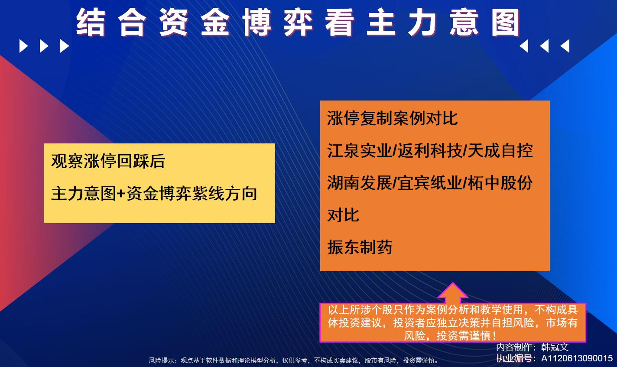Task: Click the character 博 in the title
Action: click(257, 23)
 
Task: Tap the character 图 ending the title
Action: click(506, 23)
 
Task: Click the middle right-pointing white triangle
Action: click(44, 46)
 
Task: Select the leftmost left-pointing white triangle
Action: click(524, 46)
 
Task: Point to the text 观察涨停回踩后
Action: click(108, 161)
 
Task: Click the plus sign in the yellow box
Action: click(120, 194)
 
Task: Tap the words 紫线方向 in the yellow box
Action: click(224, 193)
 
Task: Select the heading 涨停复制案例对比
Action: click(392, 118)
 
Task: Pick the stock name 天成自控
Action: click(500, 150)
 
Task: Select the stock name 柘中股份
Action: click(500, 183)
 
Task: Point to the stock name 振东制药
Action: click(360, 247)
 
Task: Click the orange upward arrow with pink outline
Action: click(453, 293)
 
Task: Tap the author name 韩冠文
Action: click(555, 347)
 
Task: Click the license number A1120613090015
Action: click(577, 358)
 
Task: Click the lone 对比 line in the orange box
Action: click(343, 215)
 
